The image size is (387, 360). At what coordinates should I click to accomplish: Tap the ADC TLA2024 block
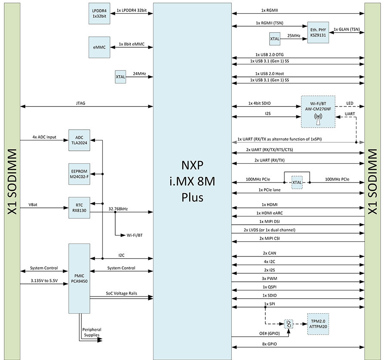click(x=79, y=140)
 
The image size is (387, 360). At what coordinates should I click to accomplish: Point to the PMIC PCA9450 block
click(x=79, y=278)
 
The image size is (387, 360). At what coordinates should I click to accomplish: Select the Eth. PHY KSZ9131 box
click(x=318, y=33)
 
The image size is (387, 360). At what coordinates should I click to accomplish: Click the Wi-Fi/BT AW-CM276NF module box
click(x=318, y=111)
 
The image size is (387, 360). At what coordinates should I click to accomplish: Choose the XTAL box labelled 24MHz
click(x=120, y=76)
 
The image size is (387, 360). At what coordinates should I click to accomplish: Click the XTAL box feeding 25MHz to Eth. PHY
click(x=275, y=39)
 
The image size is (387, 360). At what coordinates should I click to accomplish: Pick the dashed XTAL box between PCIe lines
click(x=297, y=182)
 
